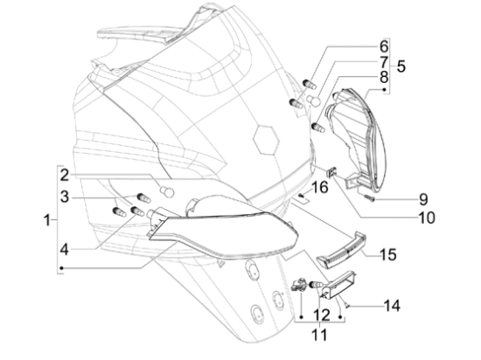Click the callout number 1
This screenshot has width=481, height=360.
(x=47, y=220)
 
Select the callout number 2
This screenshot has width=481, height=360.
(x=65, y=176)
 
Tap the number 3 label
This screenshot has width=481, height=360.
(x=65, y=197)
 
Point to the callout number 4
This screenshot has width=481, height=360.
(x=64, y=250)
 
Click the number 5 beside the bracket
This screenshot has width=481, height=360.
(x=401, y=66)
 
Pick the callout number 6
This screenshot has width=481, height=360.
(x=384, y=46)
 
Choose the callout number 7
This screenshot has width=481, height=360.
(x=384, y=62)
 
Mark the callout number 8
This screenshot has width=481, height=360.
(x=384, y=78)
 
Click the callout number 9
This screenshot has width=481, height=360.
(x=423, y=199)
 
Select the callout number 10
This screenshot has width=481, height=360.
(x=427, y=218)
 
